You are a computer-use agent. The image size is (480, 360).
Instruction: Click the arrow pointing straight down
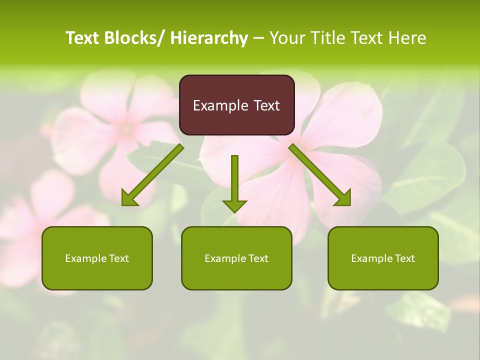tap(234, 180)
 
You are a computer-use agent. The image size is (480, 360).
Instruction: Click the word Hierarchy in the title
tap(208, 38)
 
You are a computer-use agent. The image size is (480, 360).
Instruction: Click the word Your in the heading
tap(286, 38)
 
